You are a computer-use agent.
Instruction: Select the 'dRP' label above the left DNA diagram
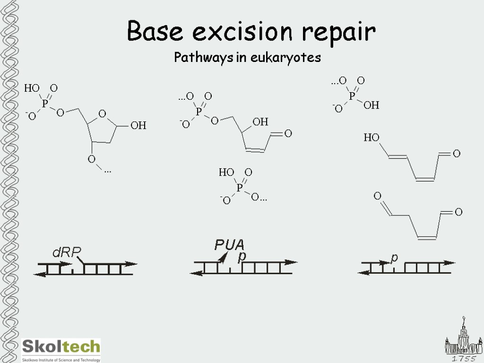[x=67, y=253]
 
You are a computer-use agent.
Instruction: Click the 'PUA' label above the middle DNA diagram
[x=229, y=245]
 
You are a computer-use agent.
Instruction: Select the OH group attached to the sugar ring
[x=138, y=126]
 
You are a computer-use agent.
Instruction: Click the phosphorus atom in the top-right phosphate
[x=352, y=95]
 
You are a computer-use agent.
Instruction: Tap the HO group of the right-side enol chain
[x=372, y=138]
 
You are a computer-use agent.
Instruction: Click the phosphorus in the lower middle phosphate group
[x=239, y=188]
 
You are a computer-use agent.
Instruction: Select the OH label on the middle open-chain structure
[x=260, y=122]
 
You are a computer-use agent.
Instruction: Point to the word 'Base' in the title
[x=155, y=32]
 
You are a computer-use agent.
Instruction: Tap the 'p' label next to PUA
[x=242, y=256]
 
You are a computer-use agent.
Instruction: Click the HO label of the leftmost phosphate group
[x=32, y=88]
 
